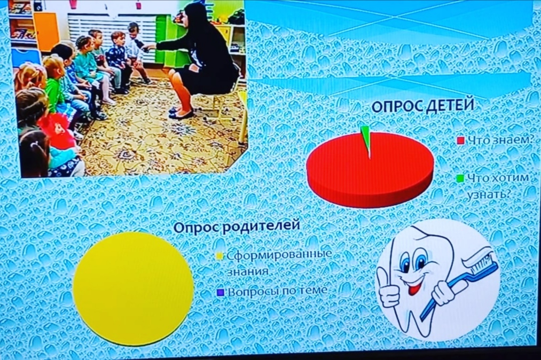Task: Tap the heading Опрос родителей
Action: click(x=237, y=227)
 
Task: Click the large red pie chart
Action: click(x=370, y=169)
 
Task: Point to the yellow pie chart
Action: click(x=133, y=288)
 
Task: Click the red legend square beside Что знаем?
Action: click(x=460, y=140)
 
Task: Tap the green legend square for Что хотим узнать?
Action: click(x=460, y=178)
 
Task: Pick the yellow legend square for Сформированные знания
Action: click(x=220, y=256)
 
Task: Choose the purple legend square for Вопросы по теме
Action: click(x=220, y=293)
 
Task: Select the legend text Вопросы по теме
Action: click(x=277, y=291)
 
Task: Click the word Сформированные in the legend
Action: click(x=279, y=255)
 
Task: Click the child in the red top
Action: click(x=57, y=131)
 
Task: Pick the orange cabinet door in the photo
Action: click(x=46, y=31)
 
